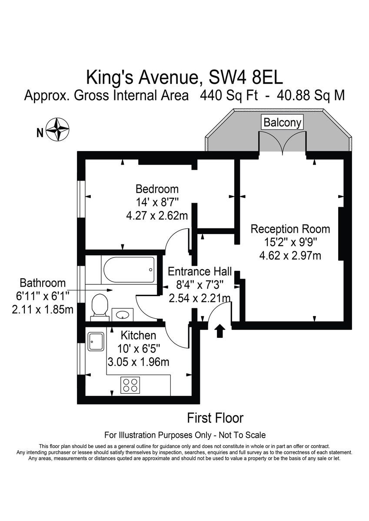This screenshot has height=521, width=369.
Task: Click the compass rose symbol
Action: (x=57, y=130)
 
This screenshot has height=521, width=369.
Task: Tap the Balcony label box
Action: (x=282, y=122)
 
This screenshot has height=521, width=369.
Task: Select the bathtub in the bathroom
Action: (x=129, y=270)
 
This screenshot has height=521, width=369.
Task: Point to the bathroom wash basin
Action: (x=123, y=315)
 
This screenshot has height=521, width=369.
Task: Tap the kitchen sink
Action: (x=96, y=342)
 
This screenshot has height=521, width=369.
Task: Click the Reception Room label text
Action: (x=290, y=229)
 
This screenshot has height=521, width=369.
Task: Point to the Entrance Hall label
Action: (x=200, y=271)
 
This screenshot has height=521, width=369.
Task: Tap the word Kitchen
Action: (x=138, y=335)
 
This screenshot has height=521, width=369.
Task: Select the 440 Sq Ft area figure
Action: (x=229, y=96)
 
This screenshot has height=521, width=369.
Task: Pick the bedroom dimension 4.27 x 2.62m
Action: (x=157, y=216)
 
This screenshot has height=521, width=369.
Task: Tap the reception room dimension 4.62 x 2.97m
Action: (x=290, y=256)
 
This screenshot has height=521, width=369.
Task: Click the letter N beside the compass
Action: (x=40, y=133)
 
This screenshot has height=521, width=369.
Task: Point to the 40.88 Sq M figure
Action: (x=311, y=96)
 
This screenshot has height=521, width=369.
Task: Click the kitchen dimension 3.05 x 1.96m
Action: (x=138, y=362)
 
